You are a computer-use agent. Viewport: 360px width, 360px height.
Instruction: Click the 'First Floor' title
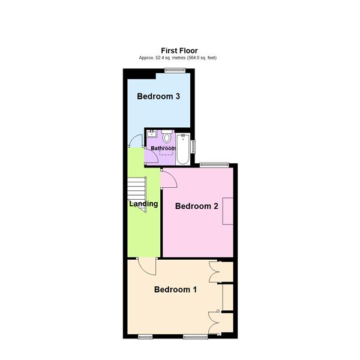click(x=179, y=50)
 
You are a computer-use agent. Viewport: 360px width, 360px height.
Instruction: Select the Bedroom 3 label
click(x=158, y=97)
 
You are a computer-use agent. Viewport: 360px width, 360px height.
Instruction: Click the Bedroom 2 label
click(x=196, y=206)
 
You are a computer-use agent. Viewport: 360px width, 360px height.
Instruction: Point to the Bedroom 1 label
click(x=175, y=289)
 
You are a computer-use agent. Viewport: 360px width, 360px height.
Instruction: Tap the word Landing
click(x=144, y=203)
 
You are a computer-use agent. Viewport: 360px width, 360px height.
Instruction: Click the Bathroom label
click(x=163, y=148)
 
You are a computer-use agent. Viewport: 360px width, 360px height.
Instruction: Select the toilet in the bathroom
click(x=166, y=137)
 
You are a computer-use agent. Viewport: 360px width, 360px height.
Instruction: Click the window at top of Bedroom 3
click(x=175, y=71)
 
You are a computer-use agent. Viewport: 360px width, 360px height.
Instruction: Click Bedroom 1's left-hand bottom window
click(x=145, y=337)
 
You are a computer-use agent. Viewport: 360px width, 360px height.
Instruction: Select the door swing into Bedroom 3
click(x=136, y=142)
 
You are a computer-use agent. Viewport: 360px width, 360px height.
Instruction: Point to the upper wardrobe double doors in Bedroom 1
click(x=215, y=271)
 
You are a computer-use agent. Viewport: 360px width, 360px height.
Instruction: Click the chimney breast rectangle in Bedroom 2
click(x=227, y=211)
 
